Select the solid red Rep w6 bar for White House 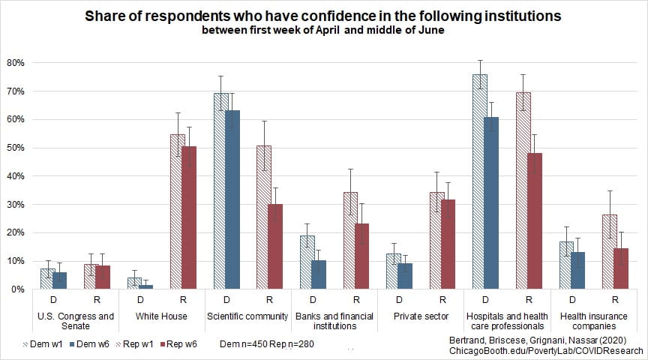click(x=189, y=217)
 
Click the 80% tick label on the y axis click(x=16, y=62)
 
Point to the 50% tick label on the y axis click(x=16, y=148)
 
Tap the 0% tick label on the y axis click(x=19, y=289)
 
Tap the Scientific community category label click(x=247, y=316)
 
